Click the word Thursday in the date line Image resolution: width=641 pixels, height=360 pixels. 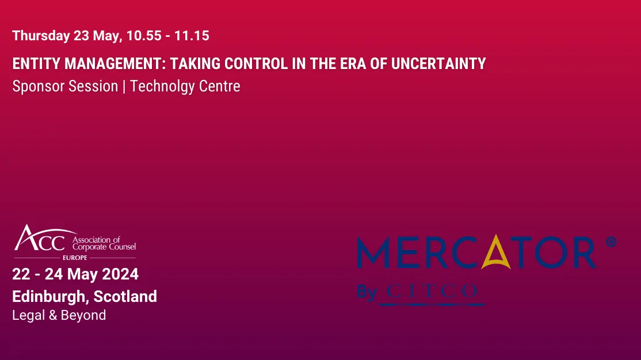41,36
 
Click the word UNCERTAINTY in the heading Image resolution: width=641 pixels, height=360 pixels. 438,63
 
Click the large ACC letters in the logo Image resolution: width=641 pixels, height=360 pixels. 40,239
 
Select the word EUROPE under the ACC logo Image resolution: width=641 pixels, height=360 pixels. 75,258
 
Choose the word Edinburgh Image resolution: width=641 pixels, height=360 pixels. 49,297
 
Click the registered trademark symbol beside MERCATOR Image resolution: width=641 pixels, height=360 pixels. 611,242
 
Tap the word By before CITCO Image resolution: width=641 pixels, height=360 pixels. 367,292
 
